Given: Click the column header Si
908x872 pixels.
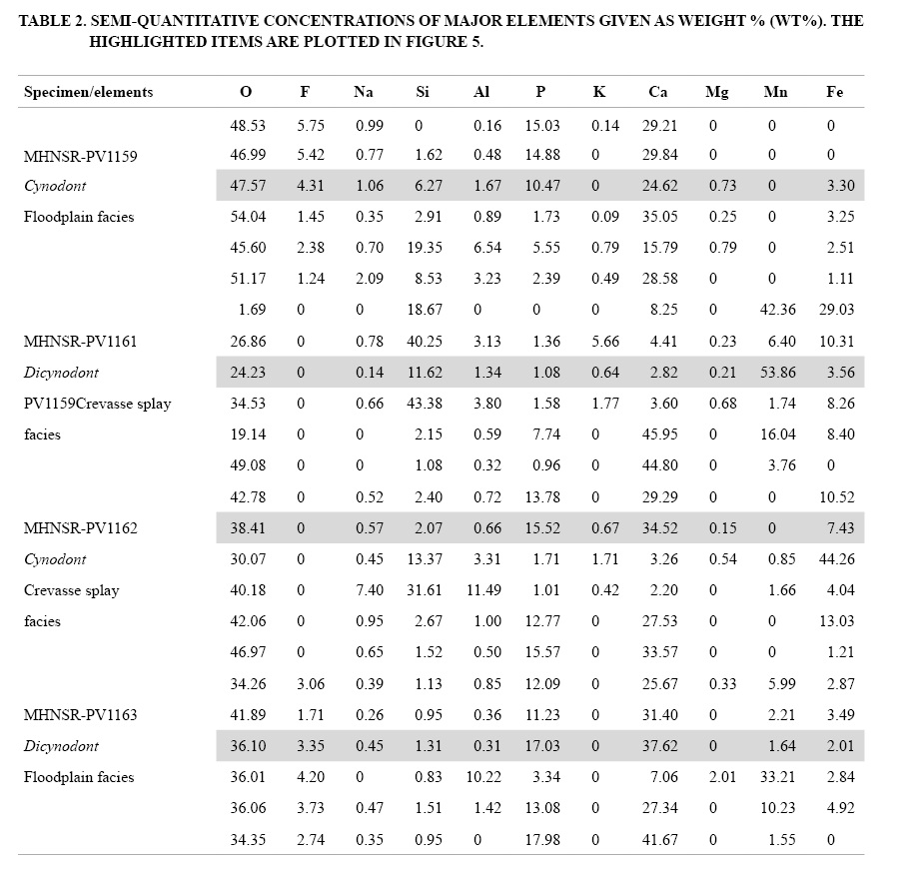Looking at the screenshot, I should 423,92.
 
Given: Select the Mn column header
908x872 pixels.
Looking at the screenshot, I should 775,92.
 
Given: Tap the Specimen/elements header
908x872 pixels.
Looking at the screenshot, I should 88,92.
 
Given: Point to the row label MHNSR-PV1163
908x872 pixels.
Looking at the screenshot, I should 80,715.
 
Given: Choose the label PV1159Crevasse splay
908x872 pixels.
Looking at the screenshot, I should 96,404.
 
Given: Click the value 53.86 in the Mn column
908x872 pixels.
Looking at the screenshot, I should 776,373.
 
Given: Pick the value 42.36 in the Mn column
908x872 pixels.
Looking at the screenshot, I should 776,311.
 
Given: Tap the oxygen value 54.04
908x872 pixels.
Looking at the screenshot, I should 246,218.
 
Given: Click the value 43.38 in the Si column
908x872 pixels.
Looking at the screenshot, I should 423,404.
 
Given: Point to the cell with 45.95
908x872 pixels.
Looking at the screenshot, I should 657,435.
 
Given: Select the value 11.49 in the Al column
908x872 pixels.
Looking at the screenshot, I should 481,590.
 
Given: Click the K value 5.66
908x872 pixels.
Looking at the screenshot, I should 599,342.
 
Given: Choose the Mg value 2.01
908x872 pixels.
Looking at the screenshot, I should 717,777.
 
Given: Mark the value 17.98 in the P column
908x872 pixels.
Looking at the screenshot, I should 540,840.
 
